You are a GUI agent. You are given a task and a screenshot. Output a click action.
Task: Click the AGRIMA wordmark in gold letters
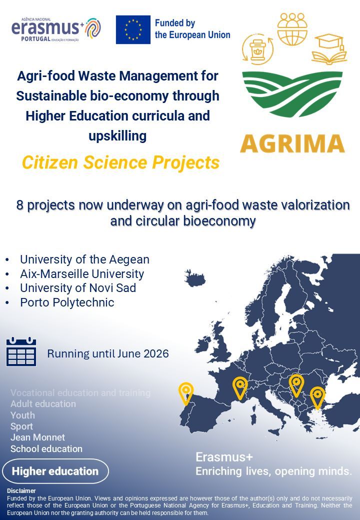click(x=292, y=143)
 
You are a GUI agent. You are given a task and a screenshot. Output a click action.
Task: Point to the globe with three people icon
click(x=292, y=28)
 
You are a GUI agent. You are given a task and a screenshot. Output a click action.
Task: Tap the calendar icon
click(x=21, y=352)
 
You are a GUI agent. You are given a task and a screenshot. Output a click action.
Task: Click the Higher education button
click(x=55, y=471)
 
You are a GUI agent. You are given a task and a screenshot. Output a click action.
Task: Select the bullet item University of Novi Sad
click(x=77, y=288)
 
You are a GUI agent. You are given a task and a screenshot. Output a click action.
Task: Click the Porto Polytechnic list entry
click(x=67, y=302)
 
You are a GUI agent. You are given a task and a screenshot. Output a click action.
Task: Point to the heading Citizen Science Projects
click(x=120, y=162)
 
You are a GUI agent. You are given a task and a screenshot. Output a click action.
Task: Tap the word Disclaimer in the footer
click(x=21, y=491)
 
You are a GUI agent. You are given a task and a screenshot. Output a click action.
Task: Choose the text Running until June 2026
click(x=108, y=354)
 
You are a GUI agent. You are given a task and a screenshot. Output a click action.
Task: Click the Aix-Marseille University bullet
click(x=81, y=274)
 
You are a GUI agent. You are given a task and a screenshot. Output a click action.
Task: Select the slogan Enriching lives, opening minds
click(x=273, y=471)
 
